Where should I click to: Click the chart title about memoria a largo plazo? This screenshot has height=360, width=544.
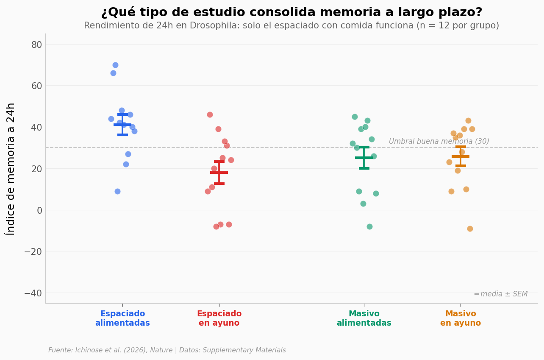pos(291,12)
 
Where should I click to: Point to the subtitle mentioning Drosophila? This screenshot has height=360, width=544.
pos(291,26)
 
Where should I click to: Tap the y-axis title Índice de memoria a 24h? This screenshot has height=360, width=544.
pos(11,169)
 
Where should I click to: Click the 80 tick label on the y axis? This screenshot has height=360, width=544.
pos(36,45)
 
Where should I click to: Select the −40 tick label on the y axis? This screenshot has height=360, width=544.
pos(33,293)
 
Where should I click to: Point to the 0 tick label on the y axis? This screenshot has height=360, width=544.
pos(39,210)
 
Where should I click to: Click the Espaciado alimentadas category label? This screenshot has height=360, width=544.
pos(122,318)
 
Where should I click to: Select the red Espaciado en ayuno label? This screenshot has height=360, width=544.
pos(219,318)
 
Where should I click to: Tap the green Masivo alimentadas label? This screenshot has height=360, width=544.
pos(364,318)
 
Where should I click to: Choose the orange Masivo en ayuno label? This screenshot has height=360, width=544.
pos(461,318)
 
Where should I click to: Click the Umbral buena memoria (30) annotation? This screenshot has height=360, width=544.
pos(439,142)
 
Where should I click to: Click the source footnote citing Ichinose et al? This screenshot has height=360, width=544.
pos(167,350)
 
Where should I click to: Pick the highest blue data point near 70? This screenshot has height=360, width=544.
pos(115,65)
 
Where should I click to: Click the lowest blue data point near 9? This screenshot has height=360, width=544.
pos(117,191)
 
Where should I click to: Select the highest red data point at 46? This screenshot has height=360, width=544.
pos(210,114)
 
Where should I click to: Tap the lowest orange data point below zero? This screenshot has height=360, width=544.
pos(470,229)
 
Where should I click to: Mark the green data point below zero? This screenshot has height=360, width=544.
pos(369,226)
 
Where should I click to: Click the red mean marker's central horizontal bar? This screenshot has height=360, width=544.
pos(219,173)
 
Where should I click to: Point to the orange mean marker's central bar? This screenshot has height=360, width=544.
pos(461,156)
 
